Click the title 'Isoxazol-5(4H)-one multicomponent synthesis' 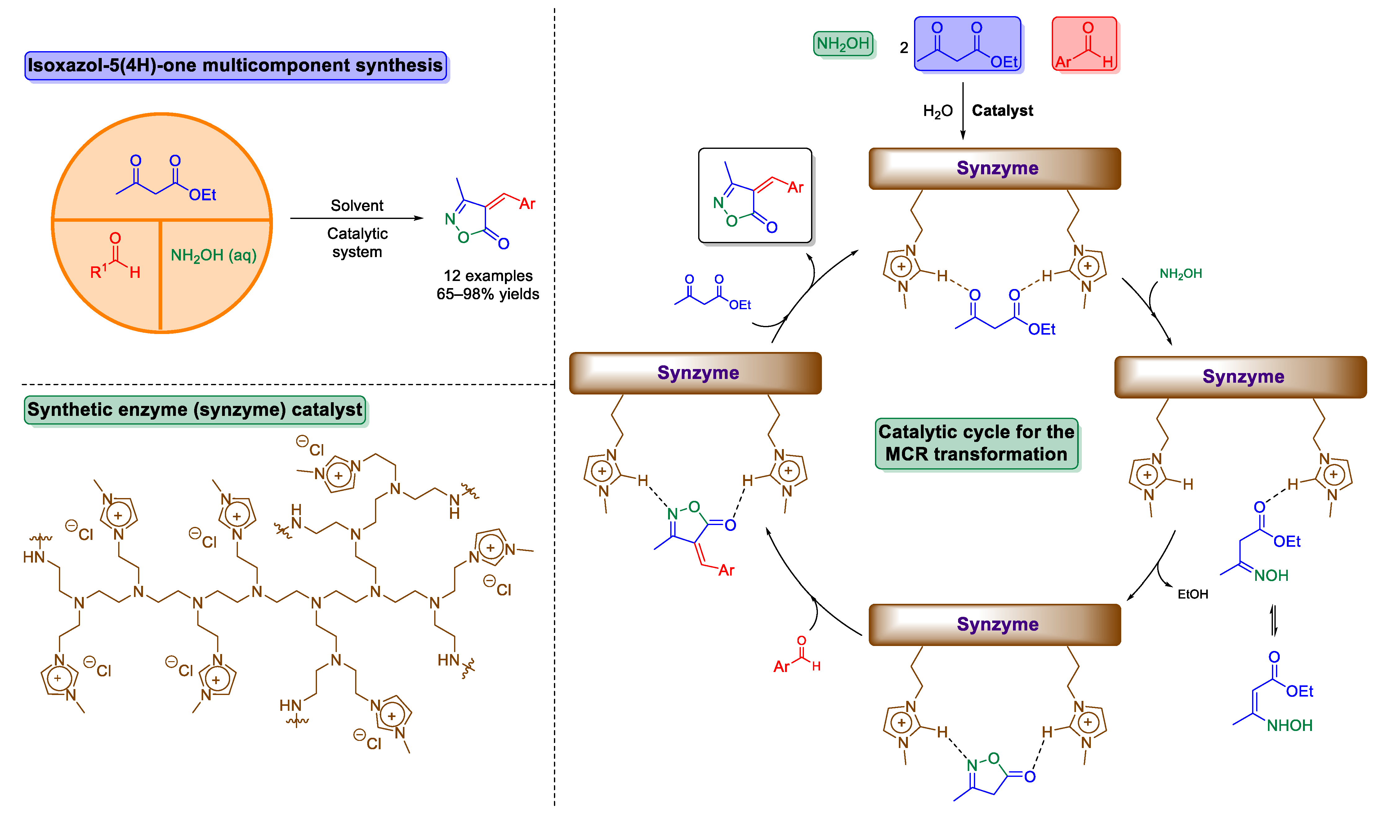click(235, 65)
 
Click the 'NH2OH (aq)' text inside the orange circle click(214, 255)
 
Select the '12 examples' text click(488, 276)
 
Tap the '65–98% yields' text click(488, 294)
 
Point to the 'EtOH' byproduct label click(1193, 594)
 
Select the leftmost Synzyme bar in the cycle click(695, 373)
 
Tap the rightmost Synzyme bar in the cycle click(1240, 377)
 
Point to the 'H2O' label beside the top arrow click(938, 111)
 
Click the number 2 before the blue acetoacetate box click(903, 48)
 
